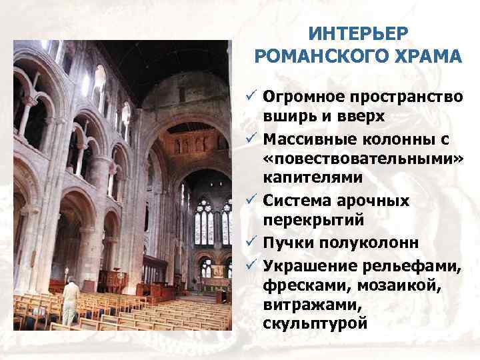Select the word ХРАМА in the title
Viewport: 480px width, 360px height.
(425, 56)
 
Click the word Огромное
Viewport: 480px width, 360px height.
(303, 97)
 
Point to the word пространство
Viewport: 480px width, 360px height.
(405, 97)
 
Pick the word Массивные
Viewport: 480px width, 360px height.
(308, 139)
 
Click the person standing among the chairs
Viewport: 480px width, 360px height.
(69, 301)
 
